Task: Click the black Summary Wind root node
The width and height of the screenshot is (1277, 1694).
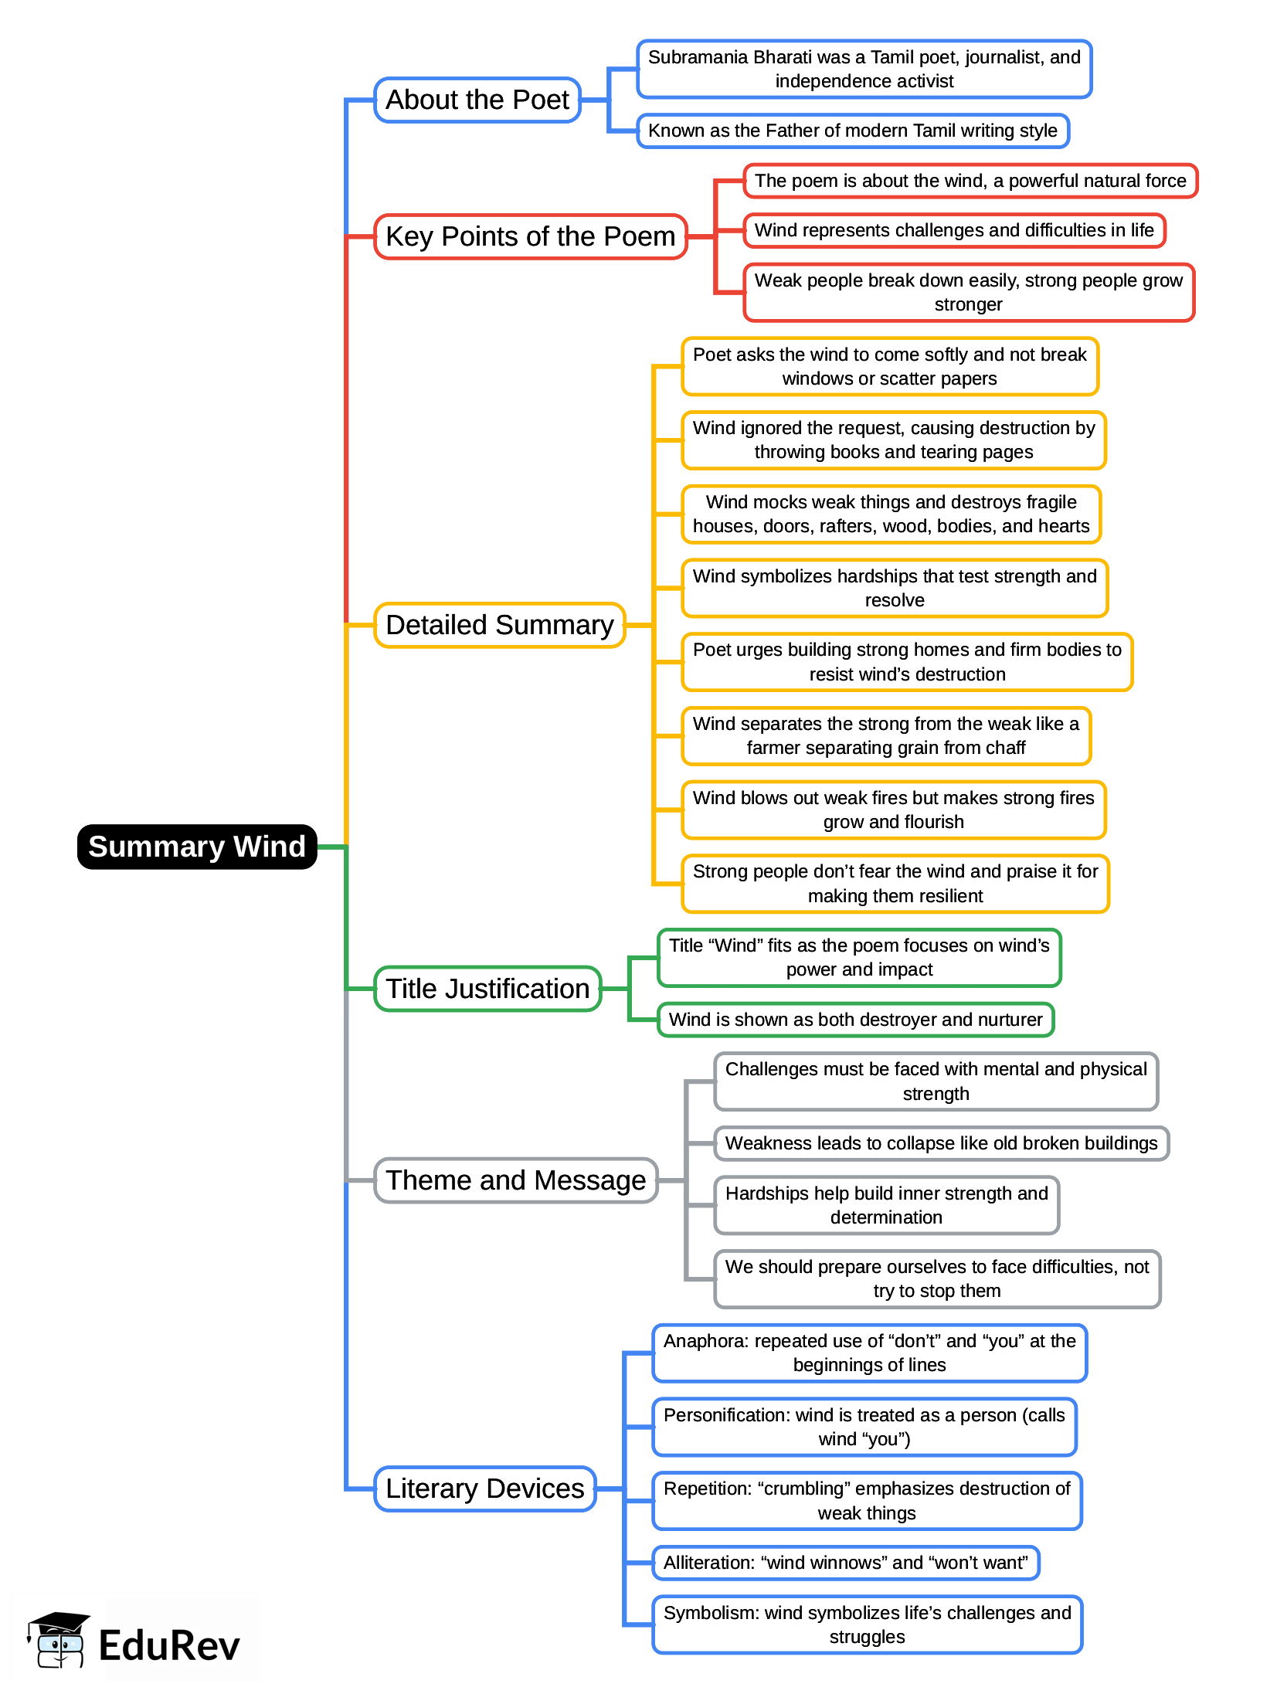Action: pos(197,847)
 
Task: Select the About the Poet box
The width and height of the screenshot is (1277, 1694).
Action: pos(477,100)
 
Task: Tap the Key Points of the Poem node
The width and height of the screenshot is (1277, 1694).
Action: pos(530,236)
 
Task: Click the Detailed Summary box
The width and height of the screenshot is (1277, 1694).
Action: pos(499,625)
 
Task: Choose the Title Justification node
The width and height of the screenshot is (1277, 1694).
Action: pos(487,989)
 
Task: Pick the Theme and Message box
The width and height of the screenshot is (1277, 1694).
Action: pos(515,1180)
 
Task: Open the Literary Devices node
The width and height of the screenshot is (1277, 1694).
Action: pos(484,1489)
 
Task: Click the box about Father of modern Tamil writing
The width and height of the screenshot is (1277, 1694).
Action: pos(852,131)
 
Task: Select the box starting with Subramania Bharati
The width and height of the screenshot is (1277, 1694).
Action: pos(864,70)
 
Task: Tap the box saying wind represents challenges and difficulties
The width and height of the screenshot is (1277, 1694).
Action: pos(953,230)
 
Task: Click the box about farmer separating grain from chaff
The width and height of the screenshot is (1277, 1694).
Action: pos(885,736)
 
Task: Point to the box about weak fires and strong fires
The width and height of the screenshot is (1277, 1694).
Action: pos(893,810)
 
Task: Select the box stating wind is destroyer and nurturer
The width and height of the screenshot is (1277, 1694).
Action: pos(855,1020)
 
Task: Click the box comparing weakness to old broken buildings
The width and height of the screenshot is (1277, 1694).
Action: pos(941,1143)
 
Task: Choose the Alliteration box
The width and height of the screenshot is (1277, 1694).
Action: pos(845,1563)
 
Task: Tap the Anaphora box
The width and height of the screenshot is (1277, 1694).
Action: pos(869,1353)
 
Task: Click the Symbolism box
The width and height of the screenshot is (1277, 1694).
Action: pos(867,1624)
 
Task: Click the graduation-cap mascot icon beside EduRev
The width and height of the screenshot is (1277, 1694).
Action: pos(58,1641)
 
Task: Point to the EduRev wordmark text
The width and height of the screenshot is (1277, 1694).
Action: pos(169,1645)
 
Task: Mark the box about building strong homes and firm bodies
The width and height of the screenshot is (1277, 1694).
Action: pos(906,662)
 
